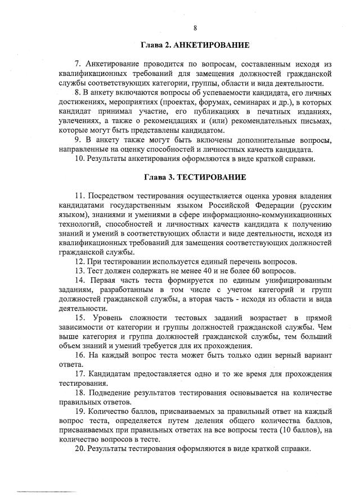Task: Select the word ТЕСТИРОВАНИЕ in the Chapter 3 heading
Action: click(211, 177)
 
